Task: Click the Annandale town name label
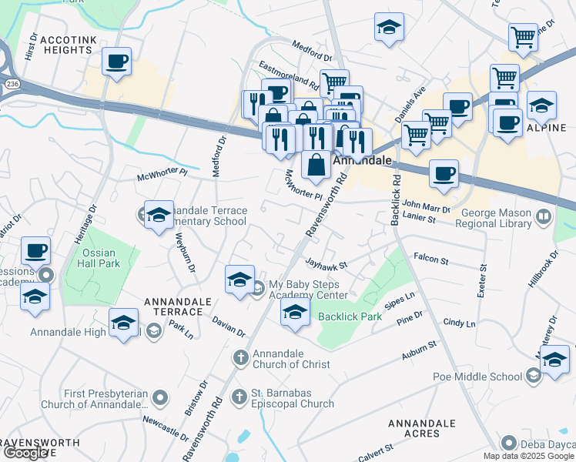[363, 162]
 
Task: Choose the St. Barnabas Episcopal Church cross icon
[240, 397]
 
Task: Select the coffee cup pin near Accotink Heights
[116, 61]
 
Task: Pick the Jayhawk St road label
[327, 264]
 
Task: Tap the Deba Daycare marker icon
[507, 443]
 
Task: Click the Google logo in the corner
[26, 453]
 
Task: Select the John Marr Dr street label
[426, 206]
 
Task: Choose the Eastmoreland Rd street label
[289, 74]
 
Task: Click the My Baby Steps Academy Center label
[307, 290]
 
